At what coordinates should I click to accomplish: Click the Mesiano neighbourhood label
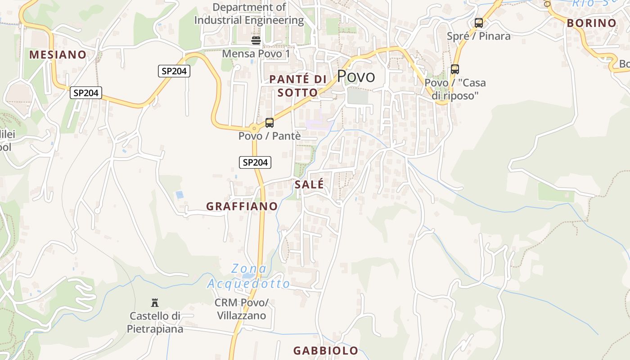[x=58, y=55]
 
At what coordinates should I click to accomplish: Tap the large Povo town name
[x=355, y=76]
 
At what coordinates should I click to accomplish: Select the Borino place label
[x=591, y=23]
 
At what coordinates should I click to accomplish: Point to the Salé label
[x=309, y=184]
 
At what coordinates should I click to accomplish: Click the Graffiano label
[x=242, y=207]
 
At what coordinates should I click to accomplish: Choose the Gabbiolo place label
[x=326, y=351]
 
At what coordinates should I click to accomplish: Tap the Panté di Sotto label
[x=297, y=86]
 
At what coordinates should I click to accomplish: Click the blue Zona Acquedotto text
[x=248, y=276]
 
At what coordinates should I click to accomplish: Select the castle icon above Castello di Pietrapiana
[x=155, y=302]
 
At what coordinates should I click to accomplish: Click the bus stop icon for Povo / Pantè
[x=269, y=122]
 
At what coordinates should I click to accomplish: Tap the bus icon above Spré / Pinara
[x=479, y=22]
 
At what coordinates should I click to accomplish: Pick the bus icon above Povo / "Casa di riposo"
[x=455, y=69]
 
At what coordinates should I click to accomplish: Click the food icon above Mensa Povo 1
[x=256, y=40]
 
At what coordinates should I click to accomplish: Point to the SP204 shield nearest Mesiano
[x=86, y=93]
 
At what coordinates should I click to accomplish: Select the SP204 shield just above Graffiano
[x=255, y=162]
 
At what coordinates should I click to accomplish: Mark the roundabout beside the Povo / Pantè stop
[x=254, y=128]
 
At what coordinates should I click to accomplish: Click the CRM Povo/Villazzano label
[x=241, y=309]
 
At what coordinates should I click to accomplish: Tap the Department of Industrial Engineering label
[x=249, y=13]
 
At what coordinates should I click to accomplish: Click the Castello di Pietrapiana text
[x=155, y=322]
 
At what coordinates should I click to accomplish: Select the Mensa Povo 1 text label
[x=256, y=54]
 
